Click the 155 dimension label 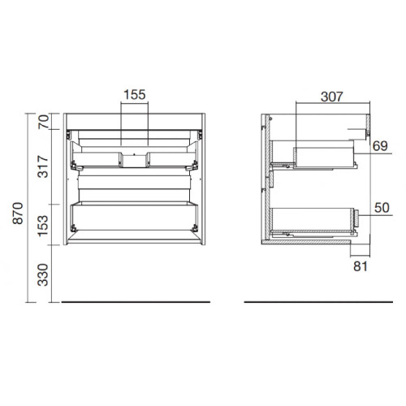pos(134,94)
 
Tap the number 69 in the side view pos(378,146)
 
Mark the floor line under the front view pos(136,302)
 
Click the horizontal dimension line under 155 pos(134,104)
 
